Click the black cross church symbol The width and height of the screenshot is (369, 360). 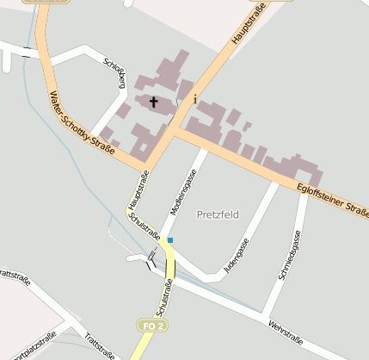click(x=155, y=102)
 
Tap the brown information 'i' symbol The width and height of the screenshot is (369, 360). click(x=195, y=99)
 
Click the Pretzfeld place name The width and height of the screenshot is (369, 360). click(x=218, y=214)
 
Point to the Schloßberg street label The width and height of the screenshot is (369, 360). click(x=114, y=73)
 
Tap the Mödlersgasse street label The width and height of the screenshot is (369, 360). click(x=183, y=191)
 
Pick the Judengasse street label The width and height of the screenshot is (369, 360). click(x=236, y=256)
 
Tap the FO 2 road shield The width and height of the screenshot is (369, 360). click(x=151, y=326)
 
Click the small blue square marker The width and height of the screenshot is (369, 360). click(x=170, y=239)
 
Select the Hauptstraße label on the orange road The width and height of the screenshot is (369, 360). click(x=248, y=23)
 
